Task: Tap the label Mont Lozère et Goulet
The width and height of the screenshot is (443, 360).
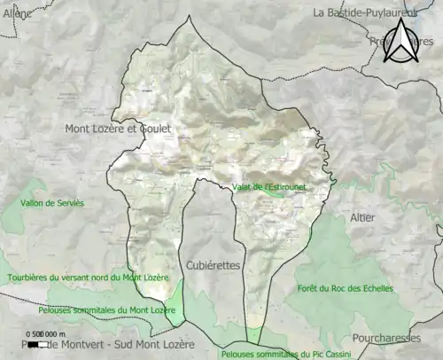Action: click(118, 129)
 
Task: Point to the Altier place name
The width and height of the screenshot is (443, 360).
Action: click(362, 217)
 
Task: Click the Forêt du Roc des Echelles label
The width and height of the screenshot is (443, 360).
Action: click(346, 288)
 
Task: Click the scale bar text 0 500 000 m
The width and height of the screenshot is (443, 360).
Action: click(47, 333)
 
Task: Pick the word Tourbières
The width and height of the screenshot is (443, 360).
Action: click(29, 278)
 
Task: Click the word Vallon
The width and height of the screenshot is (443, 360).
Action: click(37, 203)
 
